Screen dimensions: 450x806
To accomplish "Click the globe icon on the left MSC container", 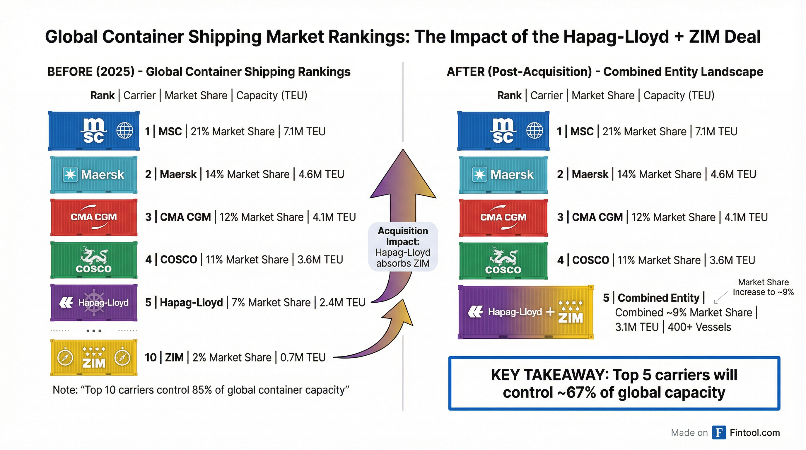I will click(124, 130).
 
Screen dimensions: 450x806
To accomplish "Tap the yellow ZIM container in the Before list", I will click(93, 357).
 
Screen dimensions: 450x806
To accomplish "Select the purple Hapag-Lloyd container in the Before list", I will click(93, 302).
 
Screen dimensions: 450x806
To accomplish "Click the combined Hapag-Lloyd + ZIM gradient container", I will click(525, 312).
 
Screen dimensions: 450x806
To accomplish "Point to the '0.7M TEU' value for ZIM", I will click(303, 357).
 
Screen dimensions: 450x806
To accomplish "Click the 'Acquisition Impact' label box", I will click(403, 247).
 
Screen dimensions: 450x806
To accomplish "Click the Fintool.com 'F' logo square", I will click(719, 432).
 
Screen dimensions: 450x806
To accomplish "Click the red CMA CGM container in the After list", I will click(503, 217).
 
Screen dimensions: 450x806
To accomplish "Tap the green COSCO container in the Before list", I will click(93, 260).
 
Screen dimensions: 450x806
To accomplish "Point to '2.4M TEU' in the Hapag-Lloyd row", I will click(342, 302).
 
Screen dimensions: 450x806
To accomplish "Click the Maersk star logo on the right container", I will click(479, 174).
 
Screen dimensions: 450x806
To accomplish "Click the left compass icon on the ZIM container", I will click(65, 357).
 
